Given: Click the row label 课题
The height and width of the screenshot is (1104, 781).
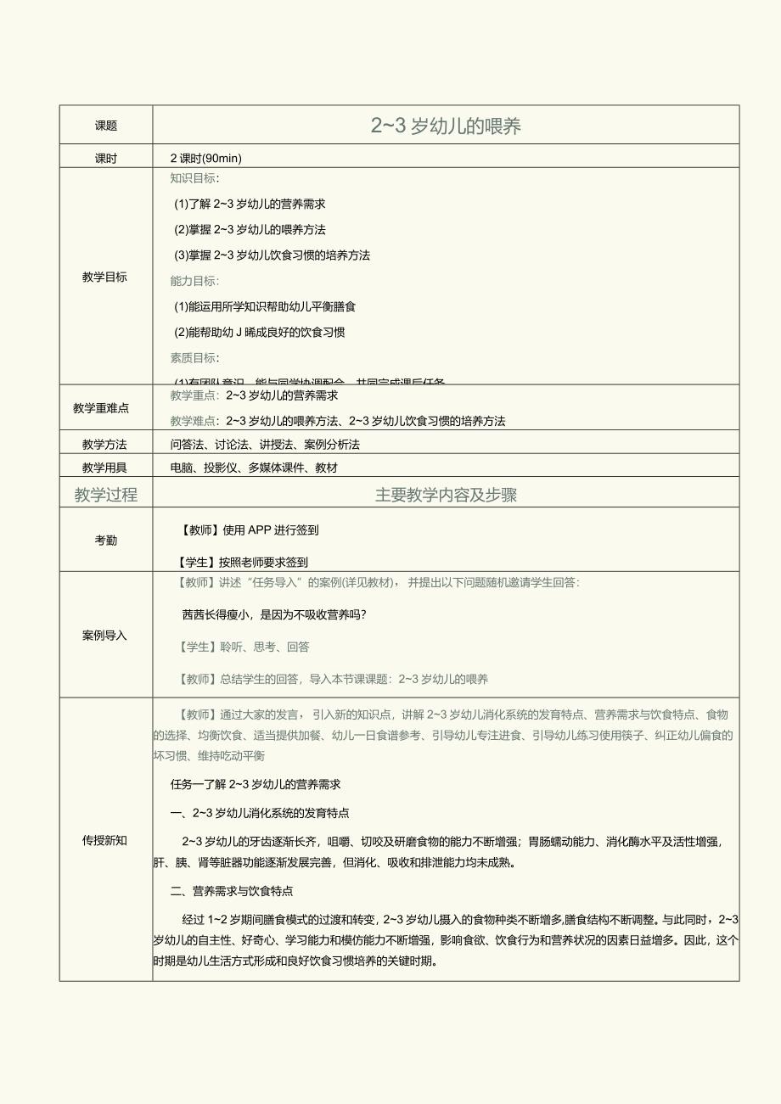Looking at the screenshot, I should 106,126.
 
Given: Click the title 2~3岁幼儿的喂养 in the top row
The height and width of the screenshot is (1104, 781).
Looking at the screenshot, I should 446,126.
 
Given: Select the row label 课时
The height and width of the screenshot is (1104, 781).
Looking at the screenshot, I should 106,158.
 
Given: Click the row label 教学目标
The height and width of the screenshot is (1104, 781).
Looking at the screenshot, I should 105,277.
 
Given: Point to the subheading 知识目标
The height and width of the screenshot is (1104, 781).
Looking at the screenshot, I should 194,178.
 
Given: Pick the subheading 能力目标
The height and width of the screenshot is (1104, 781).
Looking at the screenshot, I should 194,281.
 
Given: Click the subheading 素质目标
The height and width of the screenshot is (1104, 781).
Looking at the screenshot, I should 194,357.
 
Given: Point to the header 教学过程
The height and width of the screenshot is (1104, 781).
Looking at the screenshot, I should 106,496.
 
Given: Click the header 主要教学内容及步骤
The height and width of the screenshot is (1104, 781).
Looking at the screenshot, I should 446,496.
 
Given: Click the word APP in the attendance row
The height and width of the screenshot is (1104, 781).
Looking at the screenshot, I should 258,530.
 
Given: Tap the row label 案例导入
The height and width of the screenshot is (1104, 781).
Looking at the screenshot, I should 104,635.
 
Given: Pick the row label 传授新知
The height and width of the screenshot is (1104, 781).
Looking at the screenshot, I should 104,840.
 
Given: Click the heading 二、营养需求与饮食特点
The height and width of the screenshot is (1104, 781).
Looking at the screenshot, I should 232,891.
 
